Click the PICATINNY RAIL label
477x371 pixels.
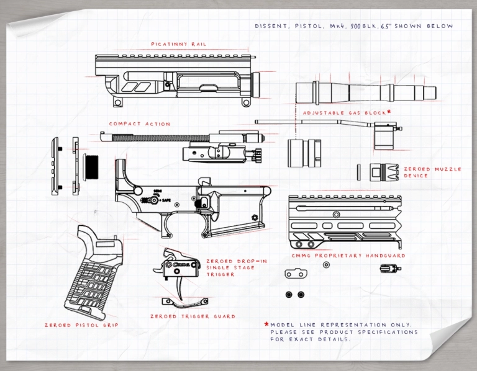point(178,45)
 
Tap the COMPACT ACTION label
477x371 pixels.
point(140,124)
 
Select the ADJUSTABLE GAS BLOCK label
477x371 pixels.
point(343,113)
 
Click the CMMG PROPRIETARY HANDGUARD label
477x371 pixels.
point(348,256)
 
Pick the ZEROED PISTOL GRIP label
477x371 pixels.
point(81,325)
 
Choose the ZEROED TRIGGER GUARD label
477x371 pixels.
point(193,316)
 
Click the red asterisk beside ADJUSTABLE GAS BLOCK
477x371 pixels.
point(389,112)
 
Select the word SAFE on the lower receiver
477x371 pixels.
point(167,200)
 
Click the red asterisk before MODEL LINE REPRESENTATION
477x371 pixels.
point(266,324)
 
